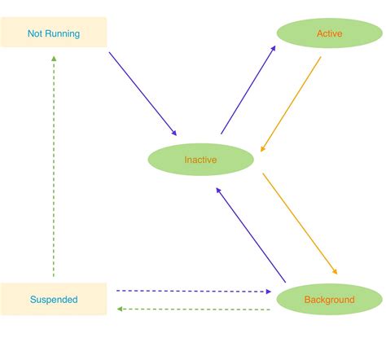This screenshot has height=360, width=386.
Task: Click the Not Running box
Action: coord(53,33)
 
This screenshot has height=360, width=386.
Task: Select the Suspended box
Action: coord(53,299)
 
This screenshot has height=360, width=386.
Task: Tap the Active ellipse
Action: coord(330,33)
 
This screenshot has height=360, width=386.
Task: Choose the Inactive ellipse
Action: coord(200,159)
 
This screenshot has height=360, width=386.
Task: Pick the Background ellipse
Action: coord(330,299)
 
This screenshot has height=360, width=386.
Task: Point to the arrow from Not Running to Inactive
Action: coord(143,94)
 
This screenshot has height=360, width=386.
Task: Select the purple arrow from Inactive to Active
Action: coord(248,90)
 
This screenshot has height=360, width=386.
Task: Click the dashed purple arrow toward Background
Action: coord(193,290)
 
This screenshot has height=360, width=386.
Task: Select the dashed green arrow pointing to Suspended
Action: coord(193,310)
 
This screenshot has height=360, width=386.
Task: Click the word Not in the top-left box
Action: coord(36,33)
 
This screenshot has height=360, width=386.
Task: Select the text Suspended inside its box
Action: coord(54,300)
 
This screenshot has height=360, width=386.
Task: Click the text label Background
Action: coord(330,300)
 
